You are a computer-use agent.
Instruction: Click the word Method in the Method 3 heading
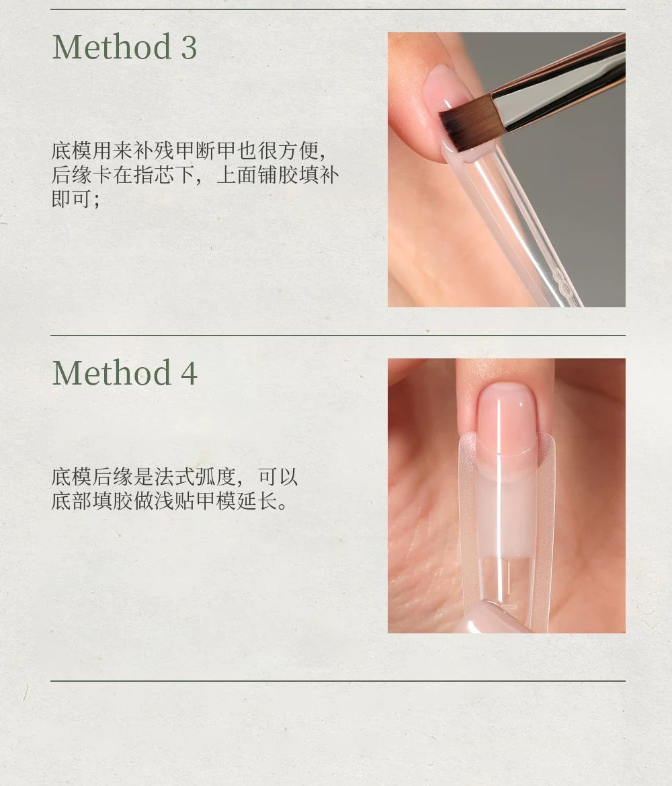(112, 47)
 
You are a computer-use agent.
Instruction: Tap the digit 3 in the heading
(188, 48)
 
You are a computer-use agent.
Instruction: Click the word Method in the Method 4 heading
(112, 373)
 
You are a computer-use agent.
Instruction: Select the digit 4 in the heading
(189, 373)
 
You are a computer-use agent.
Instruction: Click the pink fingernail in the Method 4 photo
(506, 419)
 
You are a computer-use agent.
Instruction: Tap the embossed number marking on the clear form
(562, 282)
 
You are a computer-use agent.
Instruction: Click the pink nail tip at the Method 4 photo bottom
(494, 619)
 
